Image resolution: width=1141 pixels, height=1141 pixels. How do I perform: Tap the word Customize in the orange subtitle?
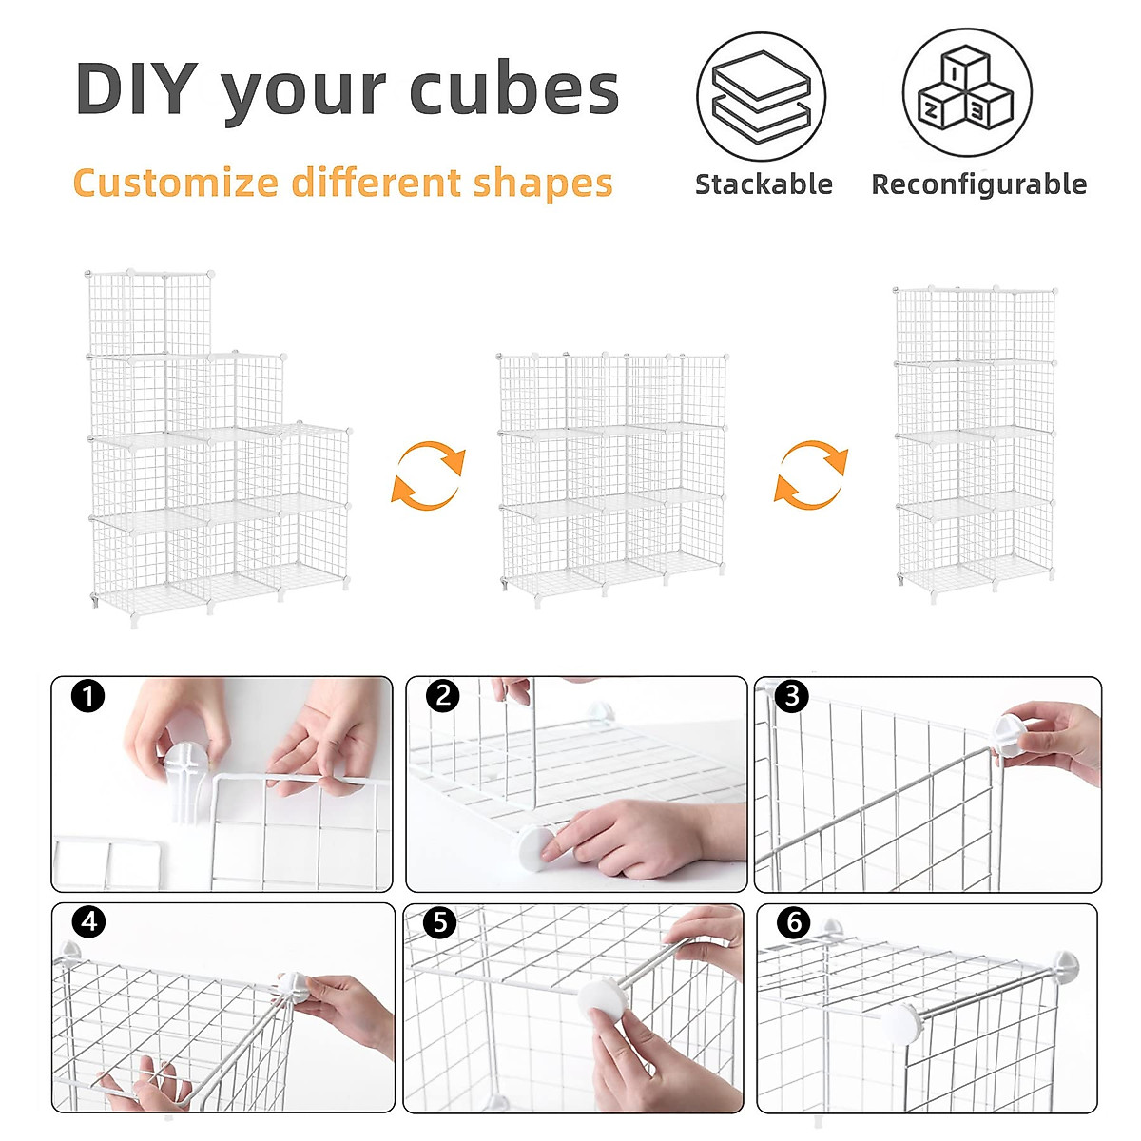click(175, 182)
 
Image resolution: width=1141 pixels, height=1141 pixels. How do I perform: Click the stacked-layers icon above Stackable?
click(761, 97)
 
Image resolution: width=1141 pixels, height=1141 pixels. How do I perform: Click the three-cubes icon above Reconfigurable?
click(966, 92)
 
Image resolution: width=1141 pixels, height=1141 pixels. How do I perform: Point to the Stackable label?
click(764, 184)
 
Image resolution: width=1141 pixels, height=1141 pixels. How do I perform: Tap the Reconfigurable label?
click(978, 184)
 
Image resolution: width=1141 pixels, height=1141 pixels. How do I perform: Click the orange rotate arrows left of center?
click(428, 474)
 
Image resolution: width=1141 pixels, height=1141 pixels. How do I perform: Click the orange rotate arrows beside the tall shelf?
click(810, 474)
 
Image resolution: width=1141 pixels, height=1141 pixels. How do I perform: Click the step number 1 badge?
click(87, 697)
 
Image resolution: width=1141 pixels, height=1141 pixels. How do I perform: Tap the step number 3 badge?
click(791, 696)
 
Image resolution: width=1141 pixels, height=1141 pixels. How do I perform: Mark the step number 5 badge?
click(439, 921)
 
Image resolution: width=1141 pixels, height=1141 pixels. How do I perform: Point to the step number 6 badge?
click(793, 921)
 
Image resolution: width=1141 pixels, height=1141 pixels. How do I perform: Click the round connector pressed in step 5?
click(603, 998)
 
